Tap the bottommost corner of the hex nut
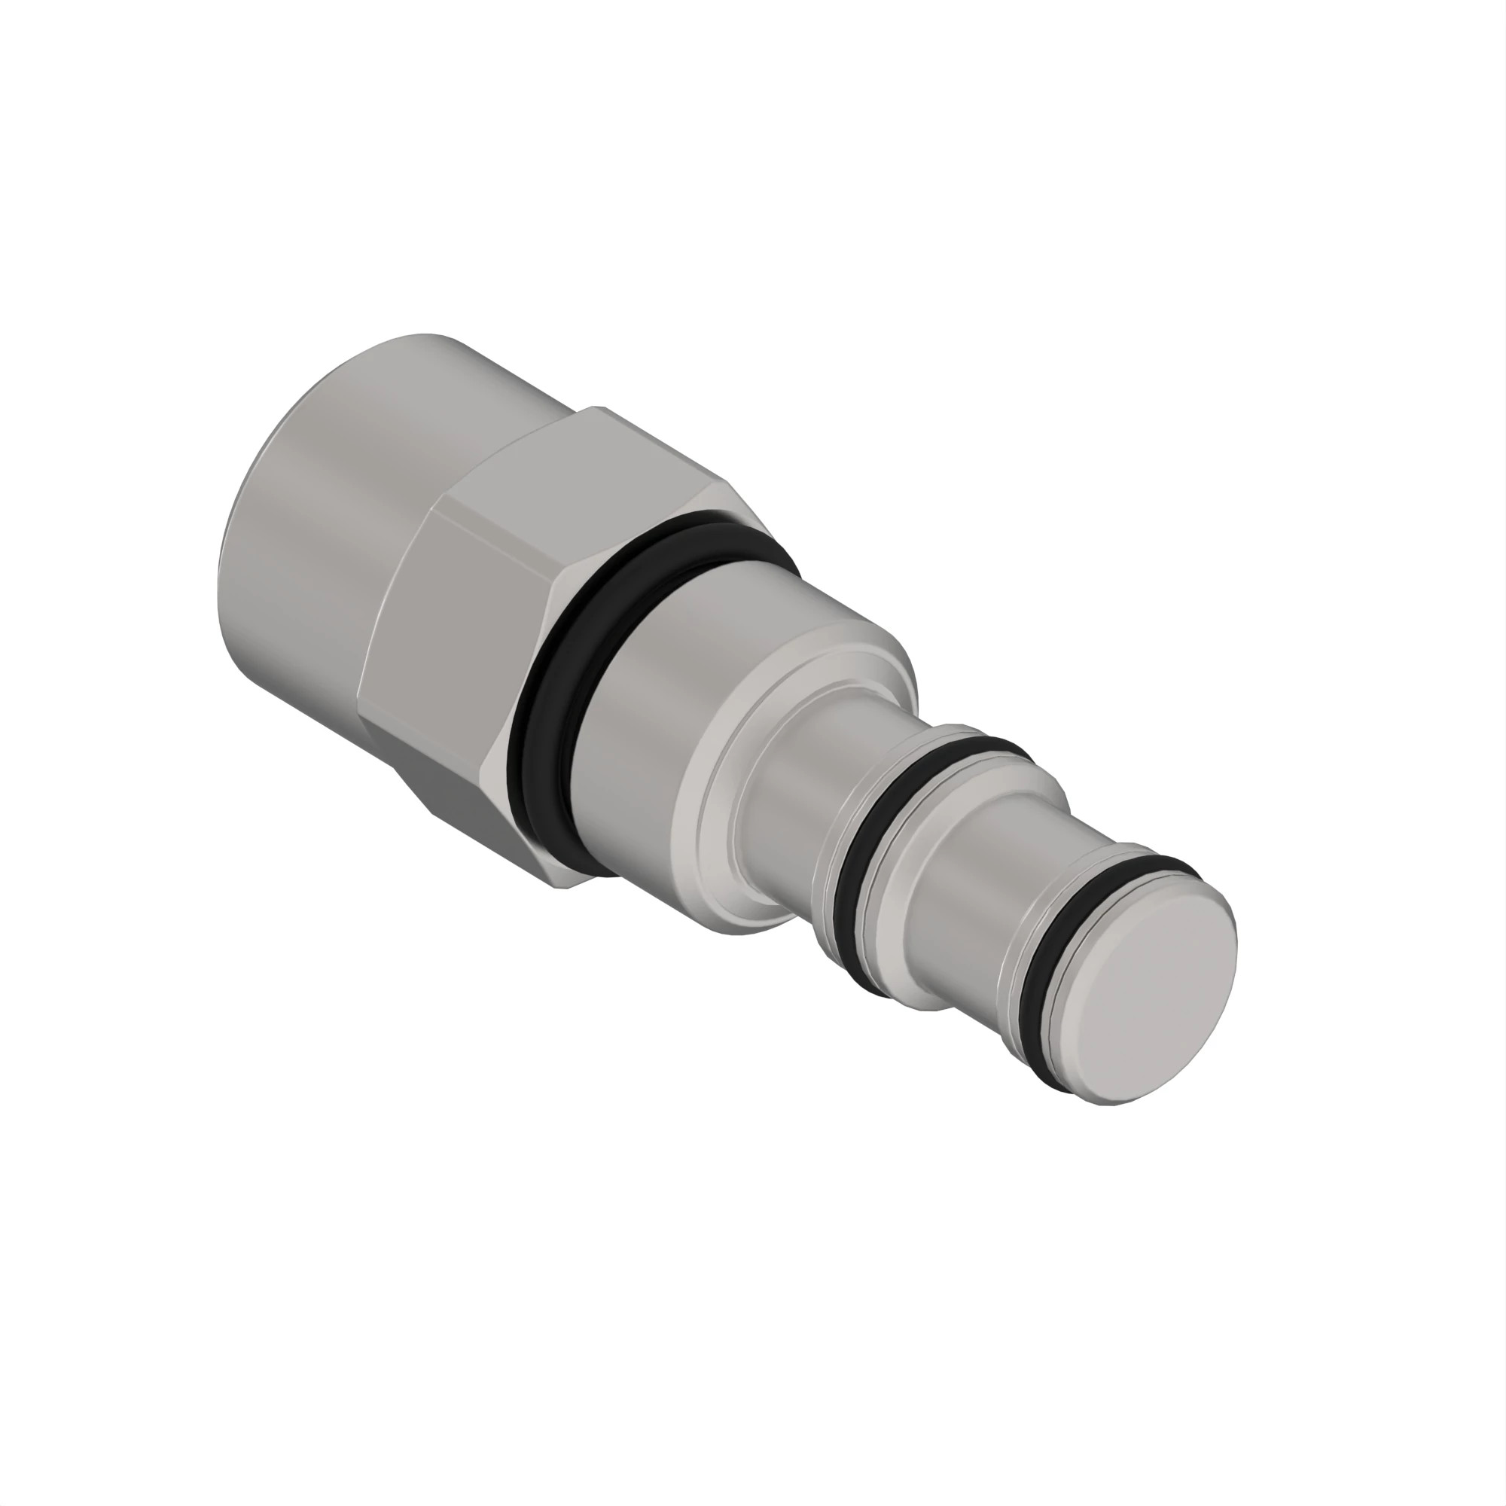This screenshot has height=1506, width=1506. (x=559, y=886)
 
